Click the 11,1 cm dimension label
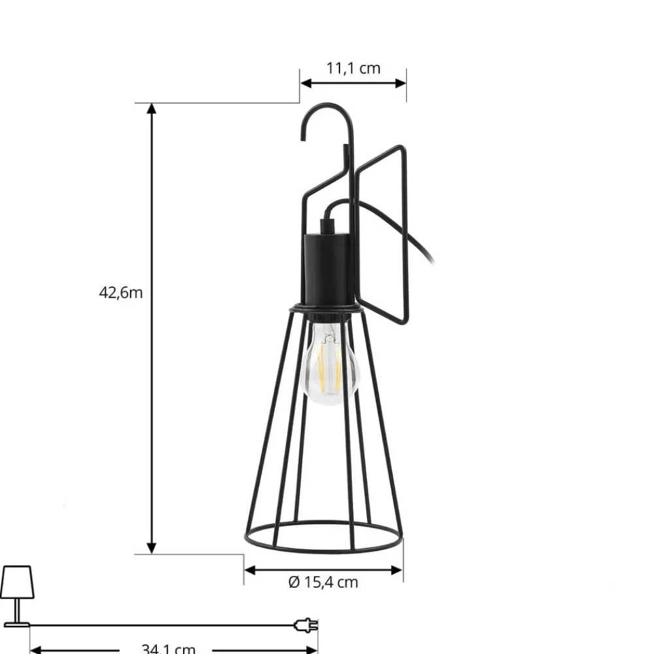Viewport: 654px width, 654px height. click(353, 68)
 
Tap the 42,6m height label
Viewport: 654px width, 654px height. click(120, 292)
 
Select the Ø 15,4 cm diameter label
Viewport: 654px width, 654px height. click(323, 581)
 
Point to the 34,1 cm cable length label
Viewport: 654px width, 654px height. click(168, 648)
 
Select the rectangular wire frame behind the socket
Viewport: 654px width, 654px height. click(382, 235)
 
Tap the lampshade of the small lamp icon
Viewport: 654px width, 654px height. click(16, 581)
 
